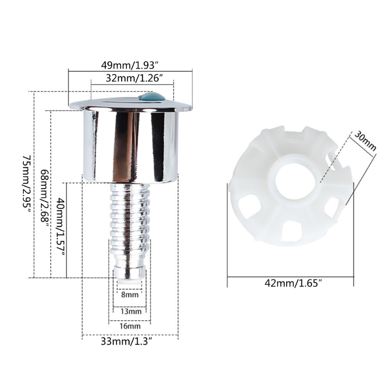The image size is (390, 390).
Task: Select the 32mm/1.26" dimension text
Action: click(x=131, y=78)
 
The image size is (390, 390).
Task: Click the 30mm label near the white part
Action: click(x=365, y=140)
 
